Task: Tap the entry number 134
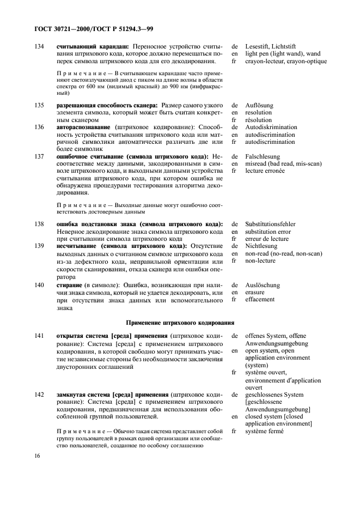coord(39,47)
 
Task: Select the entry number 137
coord(39,156)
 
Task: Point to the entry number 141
coord(39,336)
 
